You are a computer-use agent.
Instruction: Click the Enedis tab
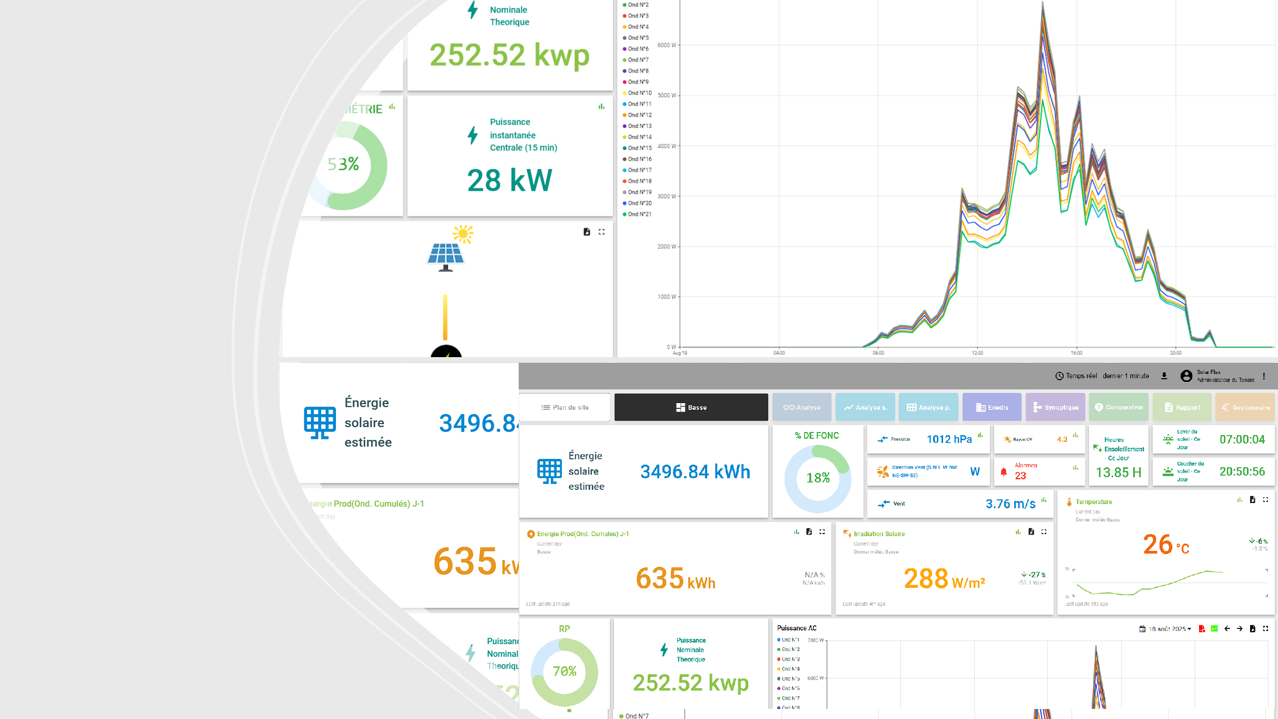tap(992, 407)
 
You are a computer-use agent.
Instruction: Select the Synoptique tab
tap(1055, 407)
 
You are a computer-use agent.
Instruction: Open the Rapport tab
tap(1182, 407)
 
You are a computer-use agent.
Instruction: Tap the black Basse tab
tap(691, 407)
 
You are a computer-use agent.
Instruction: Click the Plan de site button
tap(564, 407)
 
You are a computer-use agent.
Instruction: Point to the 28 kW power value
tap(509, 180)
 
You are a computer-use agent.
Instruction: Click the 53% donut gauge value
tap(343, 164)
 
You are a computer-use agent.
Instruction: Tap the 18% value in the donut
tap(818, 478)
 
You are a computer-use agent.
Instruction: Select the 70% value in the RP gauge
tap(564, 671)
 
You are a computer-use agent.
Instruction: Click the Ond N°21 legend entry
tap(639, 214)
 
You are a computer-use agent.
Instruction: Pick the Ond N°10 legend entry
tap(639, 93)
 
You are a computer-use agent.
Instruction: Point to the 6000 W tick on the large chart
tap(666, 45)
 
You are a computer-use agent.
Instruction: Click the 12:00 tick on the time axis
tap(977, 353)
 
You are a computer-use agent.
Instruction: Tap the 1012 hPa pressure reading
tap(949, 439)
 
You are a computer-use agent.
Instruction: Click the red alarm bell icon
tap(1004, 472)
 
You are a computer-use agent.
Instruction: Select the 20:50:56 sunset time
tap(1242, 471)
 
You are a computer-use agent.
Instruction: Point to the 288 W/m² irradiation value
tap(944, 579)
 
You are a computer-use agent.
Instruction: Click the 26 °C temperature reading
tap(1165, 545)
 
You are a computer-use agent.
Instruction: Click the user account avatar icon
tap(1186, 376)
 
